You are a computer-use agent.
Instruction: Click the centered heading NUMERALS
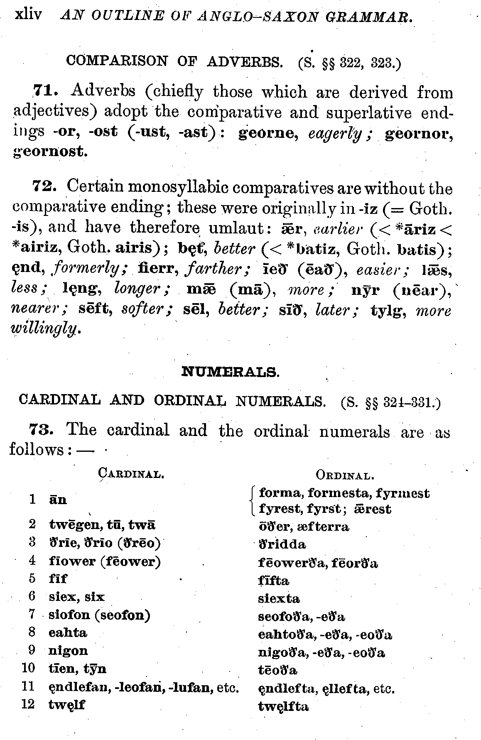[231, 372]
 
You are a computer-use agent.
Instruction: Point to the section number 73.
[41, 429]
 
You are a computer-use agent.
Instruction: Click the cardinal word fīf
[58, 578]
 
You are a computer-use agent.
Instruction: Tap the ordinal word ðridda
[282, 544]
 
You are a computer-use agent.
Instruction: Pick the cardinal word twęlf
[66, 705]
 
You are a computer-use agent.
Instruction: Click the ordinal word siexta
[279, 598]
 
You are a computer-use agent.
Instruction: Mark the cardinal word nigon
[68, 651]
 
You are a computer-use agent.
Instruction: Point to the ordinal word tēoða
[277, 670]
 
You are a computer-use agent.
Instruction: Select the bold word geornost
[50, 152]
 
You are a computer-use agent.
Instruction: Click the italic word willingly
[45, 329]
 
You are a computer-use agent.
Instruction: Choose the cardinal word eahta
[68, 633]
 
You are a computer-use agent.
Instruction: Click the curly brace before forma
[253, 501]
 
